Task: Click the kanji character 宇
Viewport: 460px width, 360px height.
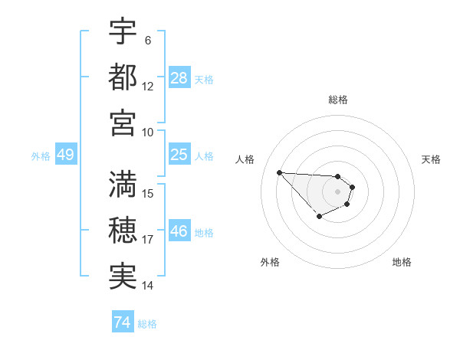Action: click(123, 32)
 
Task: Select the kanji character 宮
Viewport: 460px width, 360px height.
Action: click(123, 122)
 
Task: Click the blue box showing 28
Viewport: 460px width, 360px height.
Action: click(179, 77)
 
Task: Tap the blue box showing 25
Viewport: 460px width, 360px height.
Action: click(179, 155)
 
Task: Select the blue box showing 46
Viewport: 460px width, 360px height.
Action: click(179, 231)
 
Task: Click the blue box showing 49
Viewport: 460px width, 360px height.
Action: click(65, 155)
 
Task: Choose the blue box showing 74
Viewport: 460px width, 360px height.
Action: click(122, 322)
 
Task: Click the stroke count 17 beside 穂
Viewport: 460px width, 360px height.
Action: click(148, 240)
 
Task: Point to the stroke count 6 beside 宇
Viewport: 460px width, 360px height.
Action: click(147, 41)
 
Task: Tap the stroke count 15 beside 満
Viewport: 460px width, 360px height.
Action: click(148, 193)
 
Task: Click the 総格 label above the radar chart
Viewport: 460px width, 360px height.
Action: click(338, 100)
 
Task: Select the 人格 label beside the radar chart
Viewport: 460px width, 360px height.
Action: click(245, 159)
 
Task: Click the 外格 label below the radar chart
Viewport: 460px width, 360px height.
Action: click(270, 262)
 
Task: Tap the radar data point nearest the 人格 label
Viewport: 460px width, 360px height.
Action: click(279, 172)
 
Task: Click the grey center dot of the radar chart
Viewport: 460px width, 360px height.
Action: click(337, 191)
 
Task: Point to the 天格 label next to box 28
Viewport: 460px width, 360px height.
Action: click(204, 79)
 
